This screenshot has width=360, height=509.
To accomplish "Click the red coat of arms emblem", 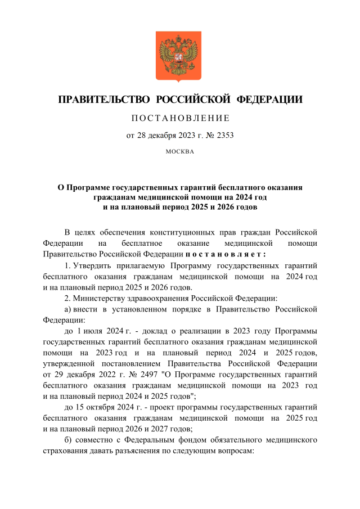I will [x=178, y=57].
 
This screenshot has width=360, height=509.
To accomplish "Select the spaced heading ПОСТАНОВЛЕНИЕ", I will [x=180, y=118].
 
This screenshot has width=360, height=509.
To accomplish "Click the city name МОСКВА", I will [x=180, y=151].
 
